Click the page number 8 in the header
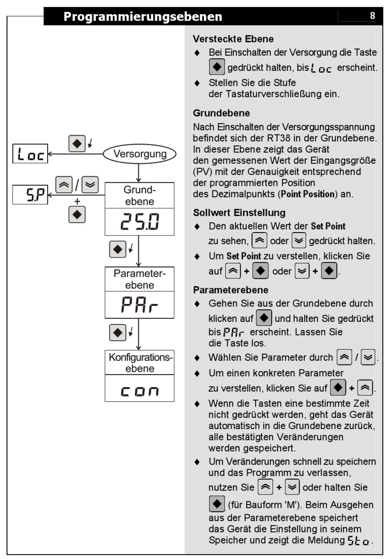coord(372,16)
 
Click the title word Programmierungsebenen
coord(143,17)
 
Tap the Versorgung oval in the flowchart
coord(140,154)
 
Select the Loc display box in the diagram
coord(30,154)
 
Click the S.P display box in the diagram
coord(30,195)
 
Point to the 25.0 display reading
coord(140,221)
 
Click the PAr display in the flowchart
coord(140,304)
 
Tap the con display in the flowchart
coord(140,391)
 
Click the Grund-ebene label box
coord(140,195)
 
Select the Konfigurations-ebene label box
coord(140,362)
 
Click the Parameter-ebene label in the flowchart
coord(140,279)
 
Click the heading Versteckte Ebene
coord(233,39)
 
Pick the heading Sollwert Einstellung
coord(239,212)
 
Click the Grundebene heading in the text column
coord(221,113)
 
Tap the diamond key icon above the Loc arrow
coord(77,143)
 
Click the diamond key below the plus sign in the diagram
coord(77,215)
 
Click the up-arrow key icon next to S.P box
coord(64,185)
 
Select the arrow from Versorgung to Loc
coord(76,154)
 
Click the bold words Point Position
coord(308,194)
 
